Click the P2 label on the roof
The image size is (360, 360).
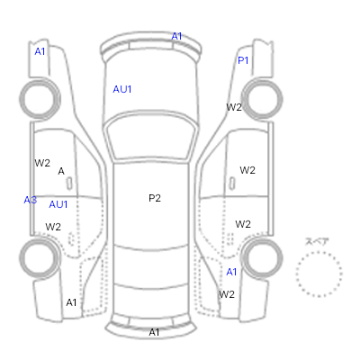pyautogui.click(x=155, y=198)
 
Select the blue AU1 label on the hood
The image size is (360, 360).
pyautogui.click(x=122, y=89)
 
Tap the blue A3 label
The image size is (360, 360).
pyautogui.click(x=31, y=200)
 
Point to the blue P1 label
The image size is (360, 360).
pyautogui.click(x=243, y=60)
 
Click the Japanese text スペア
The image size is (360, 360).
pyautogui.click(x=317, y=241)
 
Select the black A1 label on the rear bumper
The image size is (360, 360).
pyautogui.click(x=154, y=332)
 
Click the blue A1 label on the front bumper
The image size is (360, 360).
pyautogui.click(x=176, y=36)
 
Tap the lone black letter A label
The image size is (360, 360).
pyautogui.click(x=61, y=171)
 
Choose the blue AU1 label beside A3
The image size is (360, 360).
pyautogui.click(x=58, y=204)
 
